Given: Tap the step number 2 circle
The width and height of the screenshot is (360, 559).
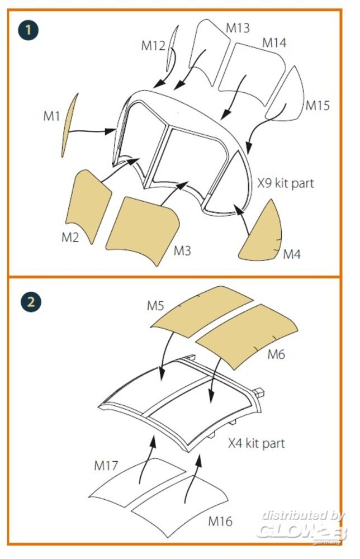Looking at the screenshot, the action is [x=31, y=302].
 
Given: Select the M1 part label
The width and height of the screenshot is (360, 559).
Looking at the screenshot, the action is [x=51, y=116].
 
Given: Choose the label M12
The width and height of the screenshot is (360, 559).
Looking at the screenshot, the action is [x=153, y=46].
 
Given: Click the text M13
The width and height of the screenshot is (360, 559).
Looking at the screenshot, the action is [x=238, y=28].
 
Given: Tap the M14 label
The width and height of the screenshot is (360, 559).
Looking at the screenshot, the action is [x=274, y=43].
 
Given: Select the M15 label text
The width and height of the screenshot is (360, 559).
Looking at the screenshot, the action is [x=318, y=106].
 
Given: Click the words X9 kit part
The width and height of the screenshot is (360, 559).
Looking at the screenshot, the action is [x=286, y=183].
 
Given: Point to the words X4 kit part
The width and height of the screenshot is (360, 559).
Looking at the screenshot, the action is [x=256, y=443].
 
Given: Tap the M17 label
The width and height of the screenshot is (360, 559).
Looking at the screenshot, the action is [x=106, y=465].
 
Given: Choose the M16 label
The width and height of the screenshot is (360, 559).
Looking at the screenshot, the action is [x=220, y=521].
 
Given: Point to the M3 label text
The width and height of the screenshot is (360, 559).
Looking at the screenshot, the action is [x=182, y=250].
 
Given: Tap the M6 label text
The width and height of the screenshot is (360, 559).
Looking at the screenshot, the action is [x=276, y=354].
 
